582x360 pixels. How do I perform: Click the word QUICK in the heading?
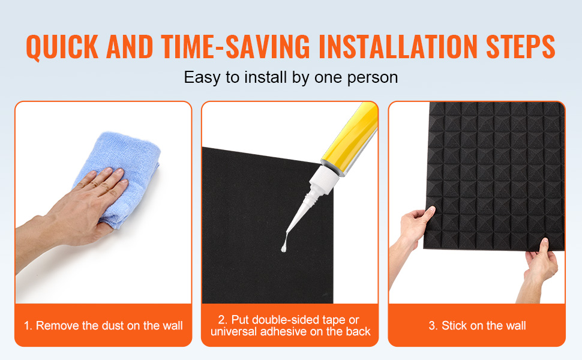62,47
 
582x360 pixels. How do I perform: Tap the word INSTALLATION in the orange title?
398,47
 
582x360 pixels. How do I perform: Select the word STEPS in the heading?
520,47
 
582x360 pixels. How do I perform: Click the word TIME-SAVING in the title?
235,47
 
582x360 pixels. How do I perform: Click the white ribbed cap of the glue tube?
322,181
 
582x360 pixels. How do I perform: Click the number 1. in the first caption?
28,326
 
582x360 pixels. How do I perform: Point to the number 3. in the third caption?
433,326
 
